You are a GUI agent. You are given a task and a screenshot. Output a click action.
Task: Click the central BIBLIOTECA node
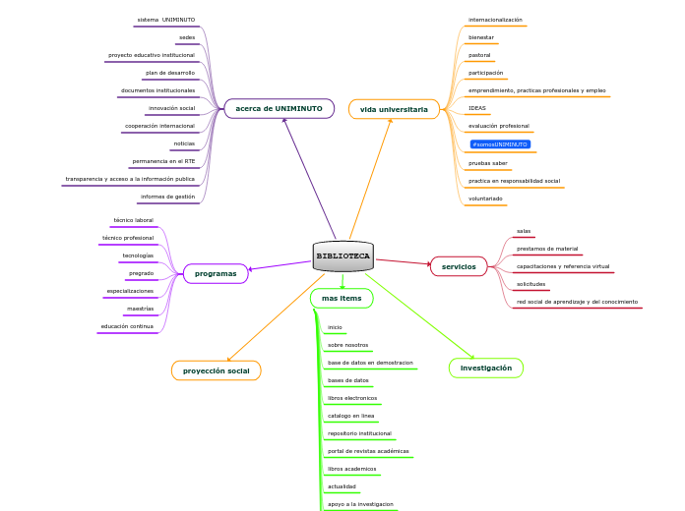point(342,255)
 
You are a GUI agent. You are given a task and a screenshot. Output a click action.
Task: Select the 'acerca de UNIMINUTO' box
point(280,108)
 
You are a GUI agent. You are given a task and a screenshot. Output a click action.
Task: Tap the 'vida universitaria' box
point(394,109)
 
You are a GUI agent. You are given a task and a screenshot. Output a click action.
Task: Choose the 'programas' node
point(216,273)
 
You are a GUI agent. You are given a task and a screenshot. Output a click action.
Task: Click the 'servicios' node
point(459,266)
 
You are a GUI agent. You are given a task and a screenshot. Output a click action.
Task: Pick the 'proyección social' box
point(216,370)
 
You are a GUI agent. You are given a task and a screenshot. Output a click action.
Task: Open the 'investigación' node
point(486,368)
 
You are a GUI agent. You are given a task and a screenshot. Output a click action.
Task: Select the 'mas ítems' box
point(342,298)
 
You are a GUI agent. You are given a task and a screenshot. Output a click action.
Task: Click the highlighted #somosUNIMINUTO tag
point(500,144)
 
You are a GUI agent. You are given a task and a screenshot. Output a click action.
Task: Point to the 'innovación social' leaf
point(171,108)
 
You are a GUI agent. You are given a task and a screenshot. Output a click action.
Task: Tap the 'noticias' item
point(184,143)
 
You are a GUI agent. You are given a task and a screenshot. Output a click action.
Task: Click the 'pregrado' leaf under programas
point(141,273)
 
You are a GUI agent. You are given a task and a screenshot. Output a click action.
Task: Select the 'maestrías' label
point(140,309)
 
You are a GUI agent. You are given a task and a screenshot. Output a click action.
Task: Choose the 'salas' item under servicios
point(524,231)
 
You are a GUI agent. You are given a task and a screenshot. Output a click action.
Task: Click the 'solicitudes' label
point(530,284)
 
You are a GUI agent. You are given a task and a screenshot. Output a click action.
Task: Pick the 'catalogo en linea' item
point(350,416)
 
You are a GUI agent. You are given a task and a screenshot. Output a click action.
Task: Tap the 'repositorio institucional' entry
point(359,433)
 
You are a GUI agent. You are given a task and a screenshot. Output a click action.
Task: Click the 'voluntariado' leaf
point(486,199)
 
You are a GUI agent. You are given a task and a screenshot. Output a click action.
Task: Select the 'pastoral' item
point(479,55)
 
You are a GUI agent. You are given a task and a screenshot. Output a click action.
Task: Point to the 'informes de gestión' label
point(167,197)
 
